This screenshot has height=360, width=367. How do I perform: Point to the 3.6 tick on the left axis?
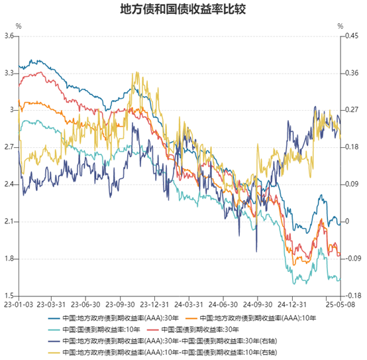(9, 36)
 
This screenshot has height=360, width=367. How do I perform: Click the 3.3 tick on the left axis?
(9, 73)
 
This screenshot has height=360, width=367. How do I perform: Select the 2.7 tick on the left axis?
(9, 147)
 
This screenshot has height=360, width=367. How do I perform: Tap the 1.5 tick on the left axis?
(9, 296)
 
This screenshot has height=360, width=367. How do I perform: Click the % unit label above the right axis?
(341, 27)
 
